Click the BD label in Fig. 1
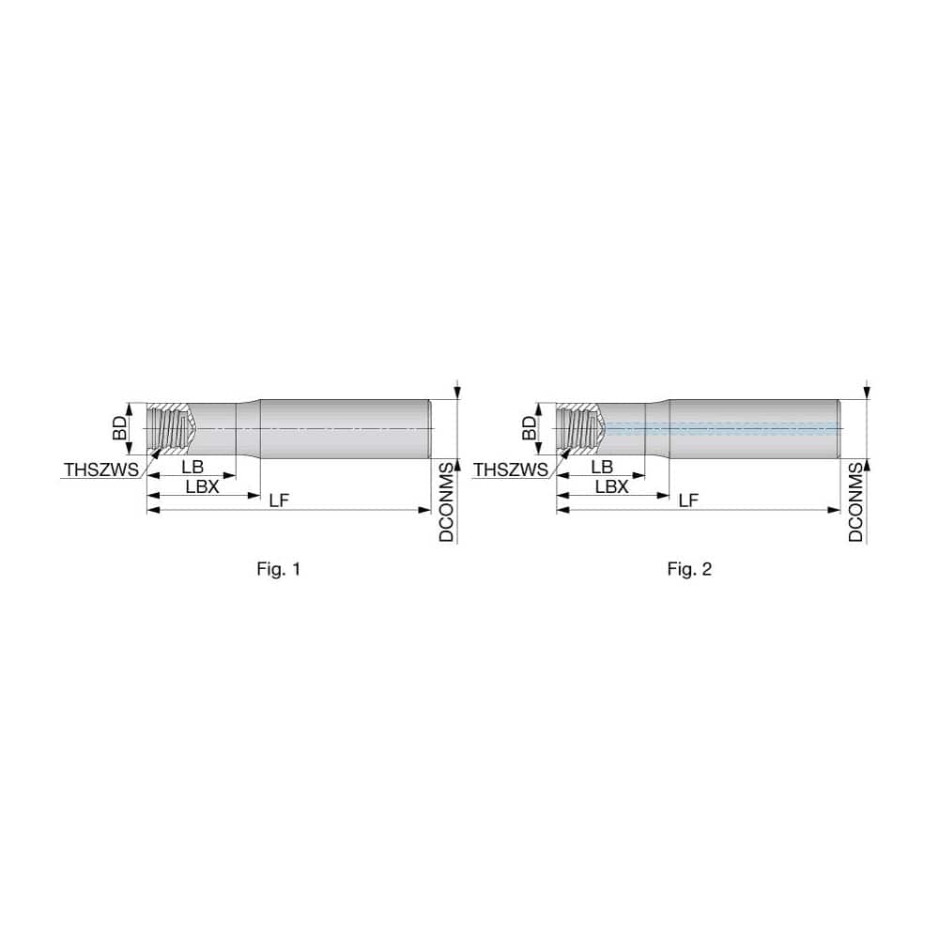(x=120, y=429)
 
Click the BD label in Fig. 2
(x=531, y=429)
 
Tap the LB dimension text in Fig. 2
(x=602, y=468)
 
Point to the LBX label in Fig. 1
(x=202, y=485)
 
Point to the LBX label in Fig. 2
(x=611, y=485)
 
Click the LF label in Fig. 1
(x=279, y=501)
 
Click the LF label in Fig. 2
(x=688, y=501)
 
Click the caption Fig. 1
(x=279, y=569)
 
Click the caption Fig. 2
(x=689, y=569)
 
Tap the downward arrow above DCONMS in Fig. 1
(x=456, y=389)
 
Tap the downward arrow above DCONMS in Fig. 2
(x=866, y=389)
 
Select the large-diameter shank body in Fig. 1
(x=343, y=428)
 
